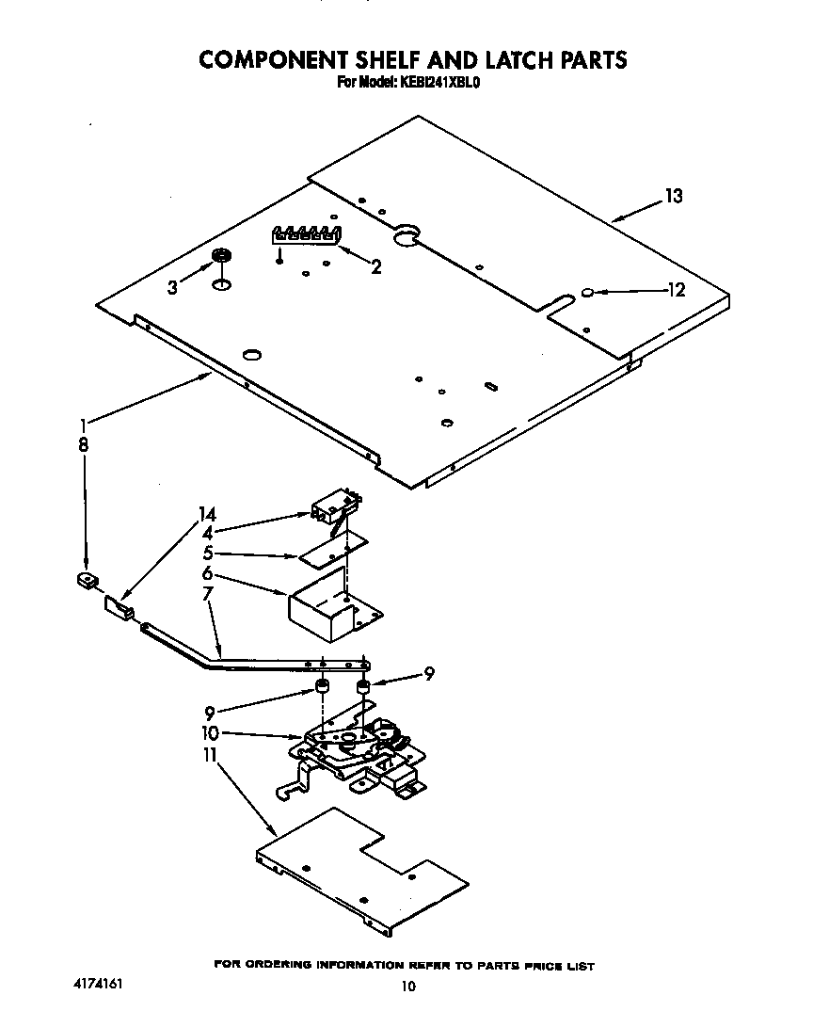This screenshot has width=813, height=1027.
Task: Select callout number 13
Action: pyautogui.click(x=673, y=197)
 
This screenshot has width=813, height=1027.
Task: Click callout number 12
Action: pyautogui.click(x=676, y=290)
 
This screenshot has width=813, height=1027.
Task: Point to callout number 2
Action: pyautogui.click(x=376, y=267)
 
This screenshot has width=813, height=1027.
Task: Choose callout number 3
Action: pyautogui.click(x=172, y=289)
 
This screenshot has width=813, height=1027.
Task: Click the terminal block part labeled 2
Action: pyautogui.click(x=305, y=234)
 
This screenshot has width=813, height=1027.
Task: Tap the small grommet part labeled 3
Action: pyautogui.click(x=222, y=256)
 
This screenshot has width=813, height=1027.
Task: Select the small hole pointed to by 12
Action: pyautogui.click(x=587, y=294)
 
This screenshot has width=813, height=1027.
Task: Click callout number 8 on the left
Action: pyautogui.click(x=83, y=446)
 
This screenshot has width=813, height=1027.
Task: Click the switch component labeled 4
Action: pyautogui.click(x=332, y=507)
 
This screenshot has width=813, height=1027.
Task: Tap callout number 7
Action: pyautogui.click(x=207, y=594)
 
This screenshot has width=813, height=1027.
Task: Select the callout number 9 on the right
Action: pyautogui.click(x=429, y=673)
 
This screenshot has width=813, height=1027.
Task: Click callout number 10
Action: pyautogui.click(x=209, y=732)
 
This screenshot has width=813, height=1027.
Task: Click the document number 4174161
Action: pyautogui.click(x=98, y=984)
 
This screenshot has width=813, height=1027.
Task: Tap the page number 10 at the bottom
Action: pyautogui.click(x=407, y=987)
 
